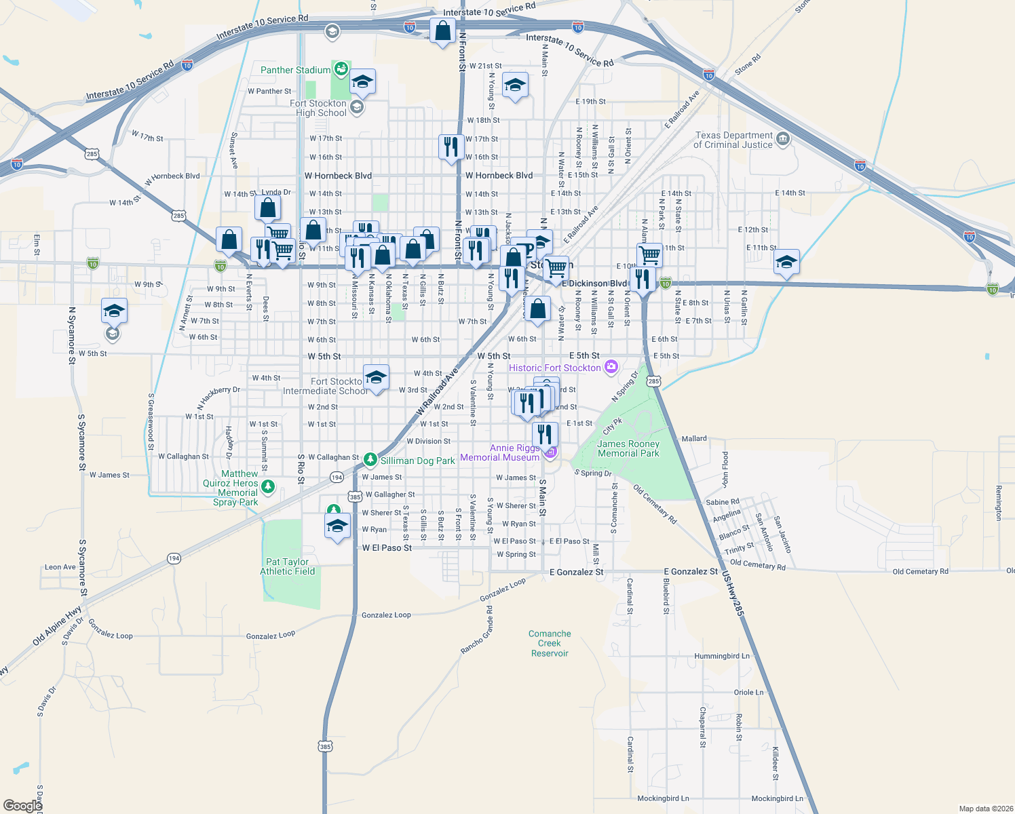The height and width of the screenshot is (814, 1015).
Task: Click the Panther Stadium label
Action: point(295,70)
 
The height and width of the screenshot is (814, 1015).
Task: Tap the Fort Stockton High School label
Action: point(320,109)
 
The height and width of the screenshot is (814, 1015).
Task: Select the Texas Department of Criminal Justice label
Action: point(733,140)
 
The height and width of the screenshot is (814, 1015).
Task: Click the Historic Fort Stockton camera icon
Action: point(611,367)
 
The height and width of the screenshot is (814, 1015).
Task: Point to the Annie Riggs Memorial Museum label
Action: point(500,452)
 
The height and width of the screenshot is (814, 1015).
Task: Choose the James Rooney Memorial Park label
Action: point(628,448)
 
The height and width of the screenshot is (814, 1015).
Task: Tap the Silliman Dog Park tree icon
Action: point(370,460)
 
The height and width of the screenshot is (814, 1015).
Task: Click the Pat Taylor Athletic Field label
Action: point(287,566)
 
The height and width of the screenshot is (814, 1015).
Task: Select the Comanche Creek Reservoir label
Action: point(550,643)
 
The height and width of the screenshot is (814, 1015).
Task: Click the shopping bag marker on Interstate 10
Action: point(442,31)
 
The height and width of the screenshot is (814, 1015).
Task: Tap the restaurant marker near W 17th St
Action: point(451,147)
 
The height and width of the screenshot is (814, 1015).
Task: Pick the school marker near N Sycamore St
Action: point(114,311)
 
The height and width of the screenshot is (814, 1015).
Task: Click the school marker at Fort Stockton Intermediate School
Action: point(375,377)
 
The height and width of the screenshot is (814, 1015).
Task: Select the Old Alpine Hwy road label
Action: point(57,626)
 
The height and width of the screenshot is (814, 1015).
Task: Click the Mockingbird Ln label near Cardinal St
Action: point(663,798)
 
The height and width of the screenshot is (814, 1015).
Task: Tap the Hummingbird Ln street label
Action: point(721,656)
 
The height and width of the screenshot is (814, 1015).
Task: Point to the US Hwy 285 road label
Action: point(733,594)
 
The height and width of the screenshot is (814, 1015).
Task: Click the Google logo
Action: point(22,805)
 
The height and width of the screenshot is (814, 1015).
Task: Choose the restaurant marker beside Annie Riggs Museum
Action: point(545,434)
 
